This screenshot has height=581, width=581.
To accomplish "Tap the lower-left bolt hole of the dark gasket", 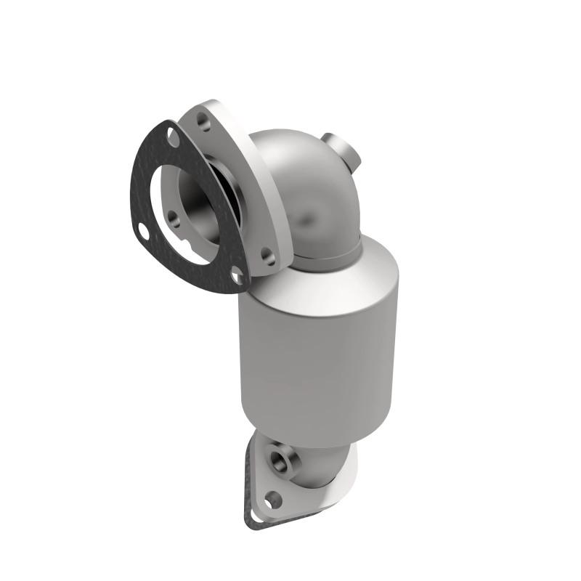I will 143,232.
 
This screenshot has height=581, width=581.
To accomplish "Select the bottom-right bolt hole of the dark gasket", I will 236,276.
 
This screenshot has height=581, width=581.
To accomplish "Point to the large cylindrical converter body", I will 320,349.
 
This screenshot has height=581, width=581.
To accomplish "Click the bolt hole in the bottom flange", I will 273,499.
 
